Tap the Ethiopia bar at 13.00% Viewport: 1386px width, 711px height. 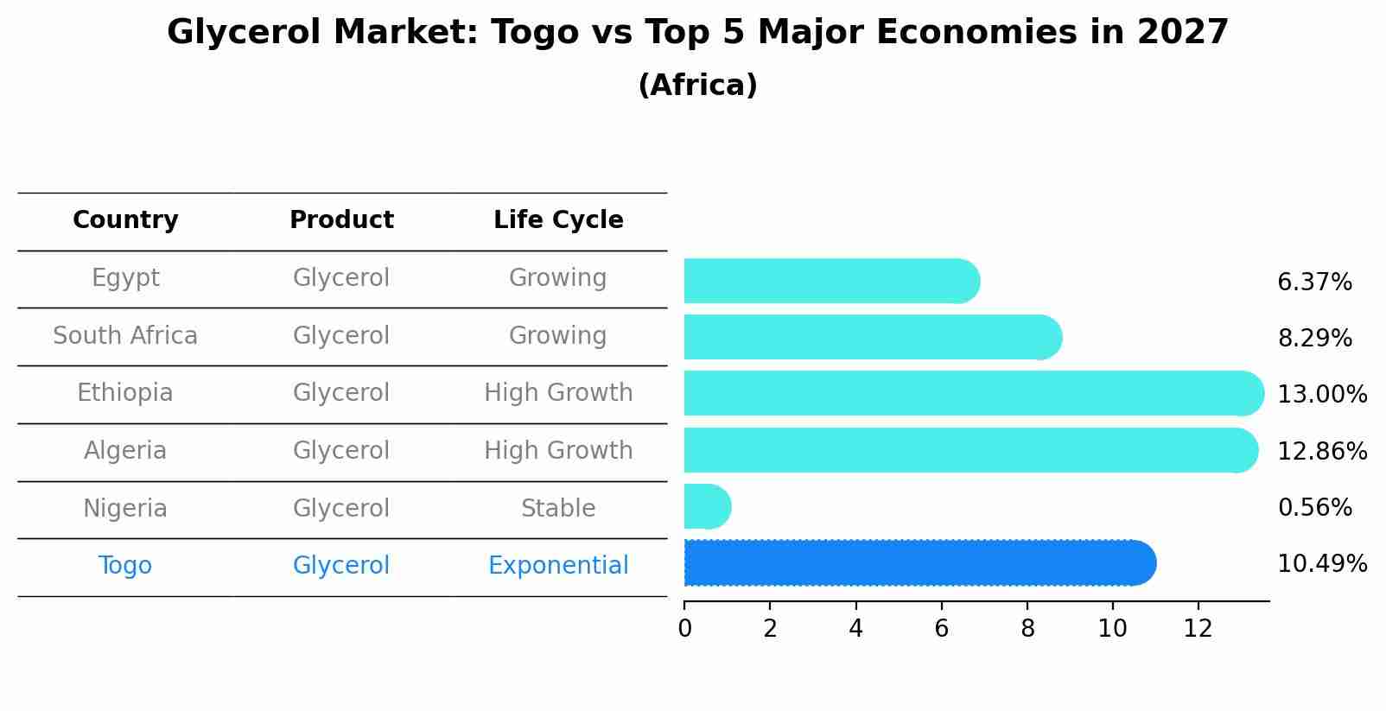coord(973,393)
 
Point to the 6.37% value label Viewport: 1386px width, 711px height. coord(1313,282)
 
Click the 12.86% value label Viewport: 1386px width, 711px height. coord(1321,451)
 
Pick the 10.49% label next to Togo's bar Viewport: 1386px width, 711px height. coord(1321,564)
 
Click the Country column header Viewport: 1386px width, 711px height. coord(125,220)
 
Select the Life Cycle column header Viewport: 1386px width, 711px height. coord(558,220)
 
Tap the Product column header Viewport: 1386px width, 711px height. coord(341,220)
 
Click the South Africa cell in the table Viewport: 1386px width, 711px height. coord(125,336)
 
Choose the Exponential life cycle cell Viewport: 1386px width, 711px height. coord(558,566)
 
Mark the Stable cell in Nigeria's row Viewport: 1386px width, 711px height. coord(558,509)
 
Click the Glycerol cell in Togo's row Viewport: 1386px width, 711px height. coord(341,566)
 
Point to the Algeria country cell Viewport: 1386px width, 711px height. coord(125,451)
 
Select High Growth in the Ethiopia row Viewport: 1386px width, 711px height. coord(558,393)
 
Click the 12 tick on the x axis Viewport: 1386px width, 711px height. coord(1198,629)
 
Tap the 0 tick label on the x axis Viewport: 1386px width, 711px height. coord(684,629)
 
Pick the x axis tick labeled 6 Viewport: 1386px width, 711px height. coord(941,629)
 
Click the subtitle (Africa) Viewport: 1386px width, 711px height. coord(697,86)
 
